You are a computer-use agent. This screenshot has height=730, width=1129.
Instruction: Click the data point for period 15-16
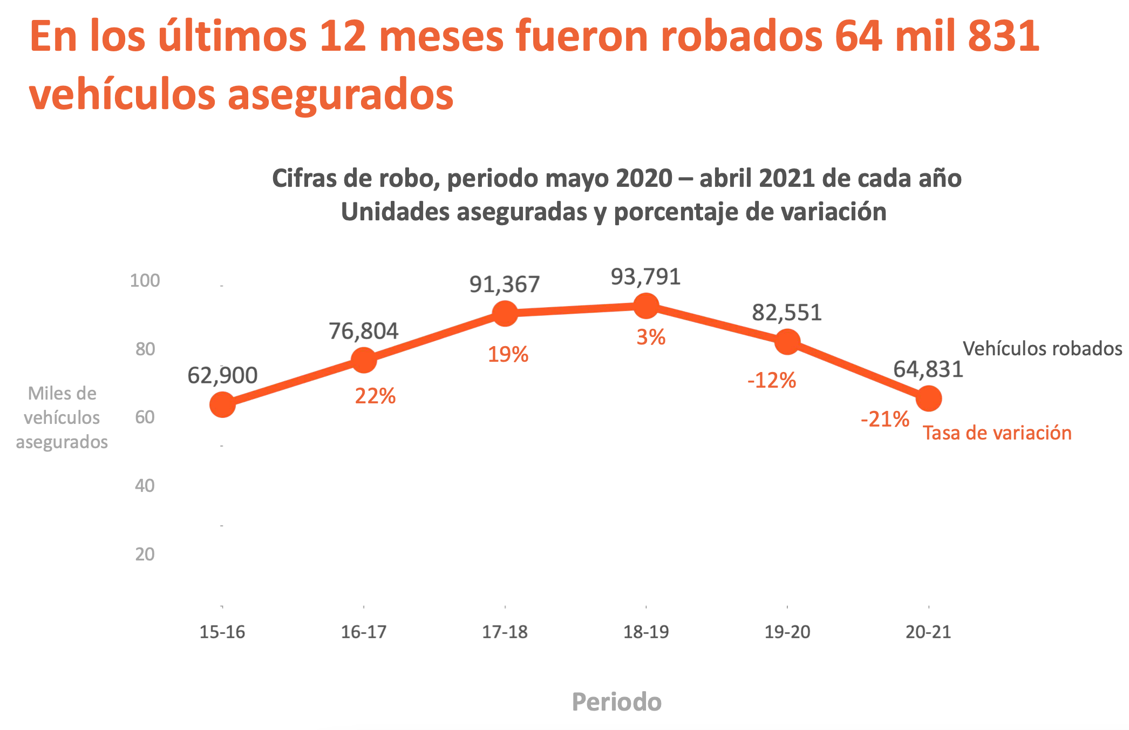tap(222, 404)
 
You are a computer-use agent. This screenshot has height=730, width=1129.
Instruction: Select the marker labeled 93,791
tap(645, 306)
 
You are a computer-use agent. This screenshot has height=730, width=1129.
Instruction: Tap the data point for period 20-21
tap(928, 399)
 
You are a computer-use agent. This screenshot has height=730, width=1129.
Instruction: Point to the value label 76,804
tap(364, 331)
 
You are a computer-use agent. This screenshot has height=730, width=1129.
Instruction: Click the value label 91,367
tap(505, 285)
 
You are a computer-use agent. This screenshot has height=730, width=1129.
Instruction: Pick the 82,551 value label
tap(787, 313)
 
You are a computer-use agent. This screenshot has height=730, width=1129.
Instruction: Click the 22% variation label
tap(375, 396)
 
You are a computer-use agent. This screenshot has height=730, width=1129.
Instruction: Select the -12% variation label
tap(771, 381)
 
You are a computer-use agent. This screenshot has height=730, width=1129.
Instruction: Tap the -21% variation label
tap(885, 420)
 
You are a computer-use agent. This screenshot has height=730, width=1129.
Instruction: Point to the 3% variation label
tap(651, 337)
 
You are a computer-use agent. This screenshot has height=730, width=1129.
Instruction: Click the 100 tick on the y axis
tap(145, 281)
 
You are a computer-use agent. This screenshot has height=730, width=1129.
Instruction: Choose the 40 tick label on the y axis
tap(145, 486)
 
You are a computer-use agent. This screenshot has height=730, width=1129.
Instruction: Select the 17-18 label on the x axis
tap(505, 632)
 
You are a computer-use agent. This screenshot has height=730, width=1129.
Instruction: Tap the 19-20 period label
tap(787, 632)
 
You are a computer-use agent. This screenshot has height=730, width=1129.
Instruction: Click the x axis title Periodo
tap(616, 702)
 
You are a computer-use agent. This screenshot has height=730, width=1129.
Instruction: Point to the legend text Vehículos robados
tap(1042, 349)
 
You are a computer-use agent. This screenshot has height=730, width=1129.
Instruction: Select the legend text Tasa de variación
tap(997, 433)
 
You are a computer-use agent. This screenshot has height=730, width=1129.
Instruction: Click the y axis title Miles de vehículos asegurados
tap(62, 417)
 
